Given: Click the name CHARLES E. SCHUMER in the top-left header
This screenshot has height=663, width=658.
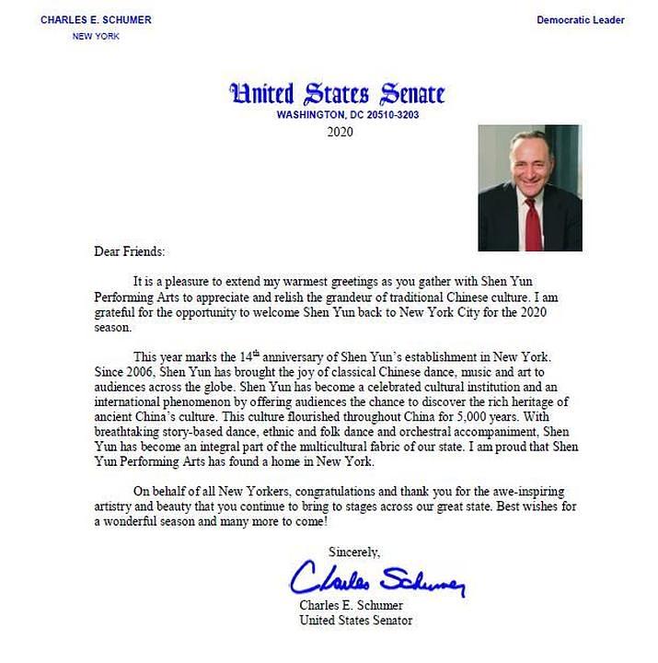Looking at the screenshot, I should coord(96,19).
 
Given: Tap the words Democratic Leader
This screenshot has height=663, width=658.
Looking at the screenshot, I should coord(581,19).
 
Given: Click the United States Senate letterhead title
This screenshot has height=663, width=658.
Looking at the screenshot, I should coord(336,94).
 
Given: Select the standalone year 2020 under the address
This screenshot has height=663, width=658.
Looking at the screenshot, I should coord(340,132).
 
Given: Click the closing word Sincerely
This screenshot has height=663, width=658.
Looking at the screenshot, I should coord(354,552).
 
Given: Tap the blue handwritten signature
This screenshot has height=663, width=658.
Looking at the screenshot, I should coord(377,579).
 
